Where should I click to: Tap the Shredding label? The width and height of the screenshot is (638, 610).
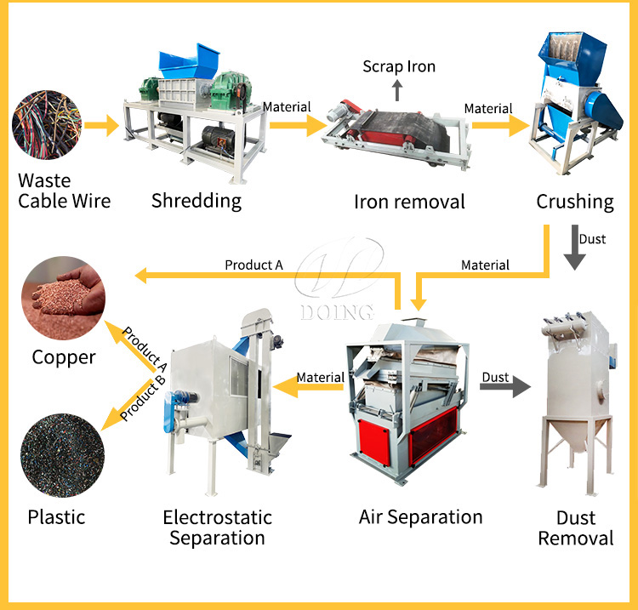point(197,201)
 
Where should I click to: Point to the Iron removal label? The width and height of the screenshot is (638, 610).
point(409,202)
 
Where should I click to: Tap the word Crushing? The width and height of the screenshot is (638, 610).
point(574,202)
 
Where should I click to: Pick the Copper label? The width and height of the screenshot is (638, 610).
point(64,357)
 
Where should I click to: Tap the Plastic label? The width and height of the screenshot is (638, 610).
point(57,516)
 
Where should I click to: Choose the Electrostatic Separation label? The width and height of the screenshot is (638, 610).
point(217,527)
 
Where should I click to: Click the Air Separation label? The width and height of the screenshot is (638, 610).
point(420,516)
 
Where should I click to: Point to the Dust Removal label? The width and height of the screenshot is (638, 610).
point(575,527)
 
